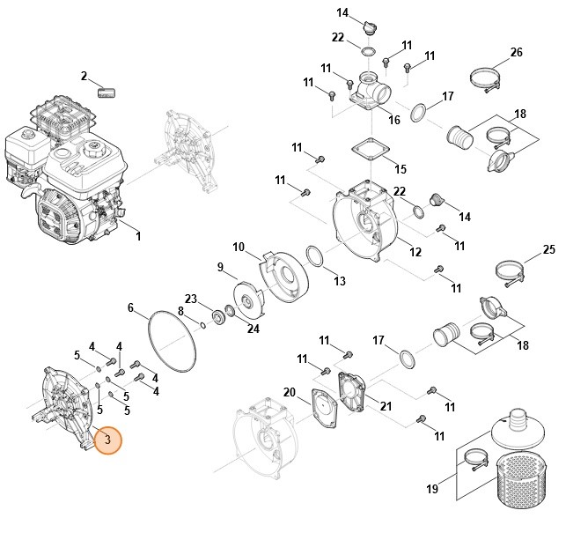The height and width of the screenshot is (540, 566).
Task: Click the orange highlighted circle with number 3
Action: (107, 439)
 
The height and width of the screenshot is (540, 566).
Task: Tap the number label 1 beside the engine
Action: (138, 236)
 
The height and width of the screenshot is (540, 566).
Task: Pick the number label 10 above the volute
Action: (238, 246)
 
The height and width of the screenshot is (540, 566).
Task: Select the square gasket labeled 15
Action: (369, 149)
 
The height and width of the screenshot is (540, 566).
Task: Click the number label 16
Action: (393, 120)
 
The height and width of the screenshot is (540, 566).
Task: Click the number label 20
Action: (289, 392)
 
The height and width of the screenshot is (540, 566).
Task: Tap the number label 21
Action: (385, 404)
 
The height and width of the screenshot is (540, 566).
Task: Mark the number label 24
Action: (254, 329)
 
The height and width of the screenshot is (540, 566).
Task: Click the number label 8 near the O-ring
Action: (180, 311)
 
